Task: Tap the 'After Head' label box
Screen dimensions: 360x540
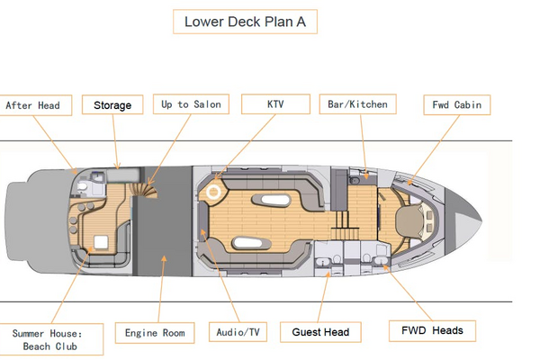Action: [x=33, y=105]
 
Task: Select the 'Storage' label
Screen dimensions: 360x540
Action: [x=112, y=105]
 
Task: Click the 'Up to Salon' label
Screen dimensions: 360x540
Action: [x=189, y=104]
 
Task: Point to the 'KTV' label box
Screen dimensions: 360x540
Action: [x=275, y=104]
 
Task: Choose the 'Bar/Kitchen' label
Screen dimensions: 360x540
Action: [x=355, y=104]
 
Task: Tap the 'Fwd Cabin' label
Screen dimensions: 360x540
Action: [x=456, y=105]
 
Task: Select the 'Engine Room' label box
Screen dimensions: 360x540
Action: [x=155, y=333]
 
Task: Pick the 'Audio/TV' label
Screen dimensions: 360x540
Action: [x=238, y=332]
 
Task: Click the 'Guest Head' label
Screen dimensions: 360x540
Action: [x=320, y=332]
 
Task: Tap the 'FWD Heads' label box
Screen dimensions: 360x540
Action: [x=432, y=330]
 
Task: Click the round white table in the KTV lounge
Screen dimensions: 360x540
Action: [x=214, y=191]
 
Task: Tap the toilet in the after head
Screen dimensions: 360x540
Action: [x=83, y=186]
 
